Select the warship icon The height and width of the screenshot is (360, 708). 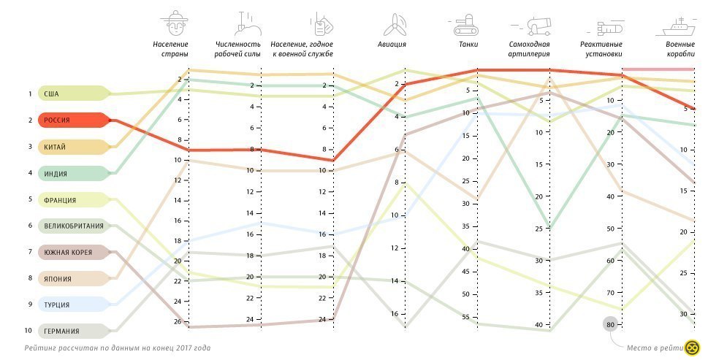coord(679,26)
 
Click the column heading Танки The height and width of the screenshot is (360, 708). coord(468,45)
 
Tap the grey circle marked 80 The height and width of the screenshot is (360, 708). coord(609,324)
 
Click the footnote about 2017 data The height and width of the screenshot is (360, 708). coord(117,348)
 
